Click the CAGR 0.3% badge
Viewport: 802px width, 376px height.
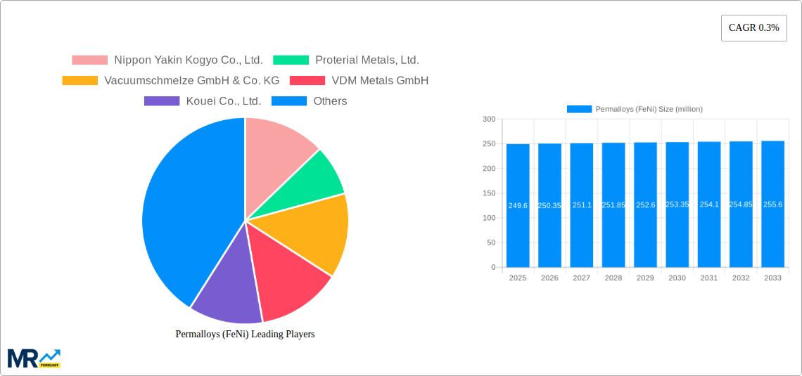click(x=753, y=28)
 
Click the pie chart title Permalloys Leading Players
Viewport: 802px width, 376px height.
click(x=245, y=335)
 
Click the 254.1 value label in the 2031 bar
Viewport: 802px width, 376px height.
click(x=709, y=205)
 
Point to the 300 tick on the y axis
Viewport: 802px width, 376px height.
click(x=488, y=119)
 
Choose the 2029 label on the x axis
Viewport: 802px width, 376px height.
click(x=645, y=278)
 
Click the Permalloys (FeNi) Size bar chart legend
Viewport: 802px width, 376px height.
click(x=635, y=109)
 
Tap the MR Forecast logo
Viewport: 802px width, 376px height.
click(x=34, y=358)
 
